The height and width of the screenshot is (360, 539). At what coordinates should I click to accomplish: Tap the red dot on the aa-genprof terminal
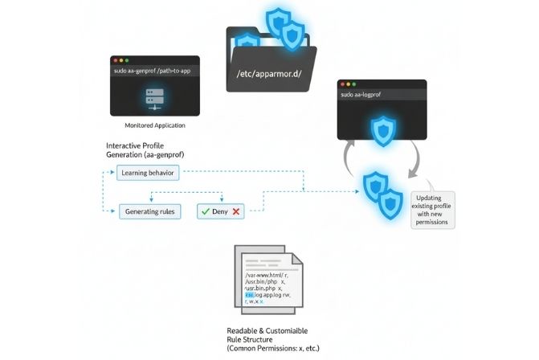click(x=116, y=60)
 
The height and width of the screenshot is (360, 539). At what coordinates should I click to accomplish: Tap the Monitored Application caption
click(x=155, y=126)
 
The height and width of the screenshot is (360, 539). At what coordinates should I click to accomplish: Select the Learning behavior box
click(x=149, y=172)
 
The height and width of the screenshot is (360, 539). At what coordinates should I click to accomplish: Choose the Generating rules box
click(x=150, y=212)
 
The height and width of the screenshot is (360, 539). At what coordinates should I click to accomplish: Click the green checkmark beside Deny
click(x=206, y=212)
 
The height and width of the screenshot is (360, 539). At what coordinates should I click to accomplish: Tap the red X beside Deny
click(x=237, y=212)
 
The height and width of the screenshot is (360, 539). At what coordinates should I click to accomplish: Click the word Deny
click(x=221, y=212)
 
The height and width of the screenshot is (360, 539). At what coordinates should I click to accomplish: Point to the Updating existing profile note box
click(x=434, y=209)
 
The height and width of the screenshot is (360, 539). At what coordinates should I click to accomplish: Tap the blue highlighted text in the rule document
click(x=249, y=295)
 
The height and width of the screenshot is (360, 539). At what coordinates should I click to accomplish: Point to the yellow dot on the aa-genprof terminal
click(x=122, y=60)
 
